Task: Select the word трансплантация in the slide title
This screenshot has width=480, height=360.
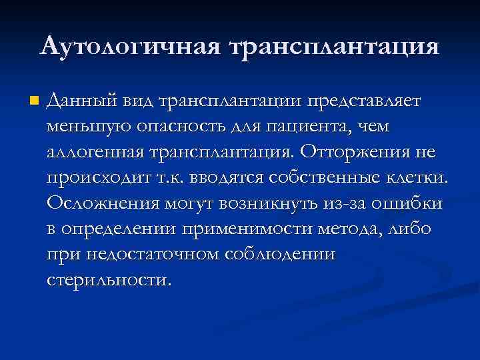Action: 334,47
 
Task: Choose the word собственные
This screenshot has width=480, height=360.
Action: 321,177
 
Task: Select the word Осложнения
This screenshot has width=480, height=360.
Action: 97,203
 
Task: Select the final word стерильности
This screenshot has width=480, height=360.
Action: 109,279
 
